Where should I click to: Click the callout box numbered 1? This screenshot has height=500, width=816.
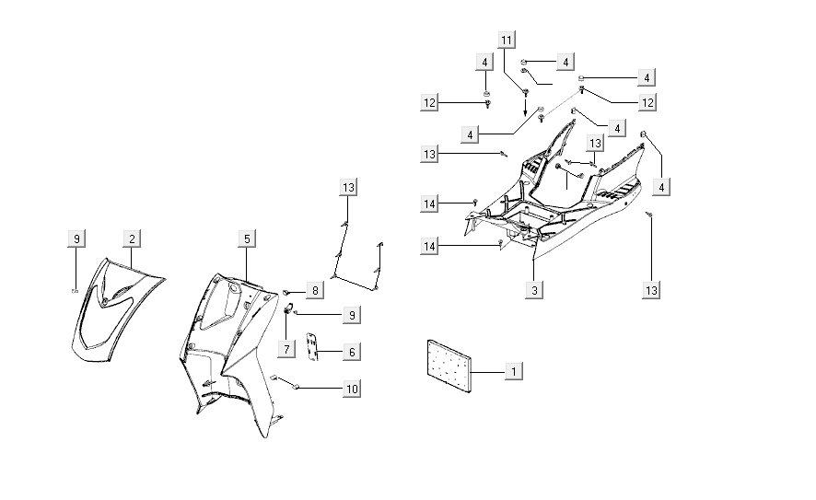click(515, 370)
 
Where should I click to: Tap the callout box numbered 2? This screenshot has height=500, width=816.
click(133, 238)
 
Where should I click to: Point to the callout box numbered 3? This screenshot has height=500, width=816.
click(535, 290)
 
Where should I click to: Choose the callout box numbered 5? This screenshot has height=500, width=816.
click(247, 238)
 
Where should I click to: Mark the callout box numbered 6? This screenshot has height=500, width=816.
click(351, 351)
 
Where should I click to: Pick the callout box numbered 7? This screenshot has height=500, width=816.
click(287, 349)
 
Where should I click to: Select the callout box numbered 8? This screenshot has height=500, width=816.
click(314, 291)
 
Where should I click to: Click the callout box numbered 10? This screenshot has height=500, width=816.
click(351, 389)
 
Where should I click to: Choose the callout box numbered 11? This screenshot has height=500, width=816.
click(507, 40)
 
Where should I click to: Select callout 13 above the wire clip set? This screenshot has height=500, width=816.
click(347, 188)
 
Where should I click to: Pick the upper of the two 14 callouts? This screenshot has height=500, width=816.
click(430, 203)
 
